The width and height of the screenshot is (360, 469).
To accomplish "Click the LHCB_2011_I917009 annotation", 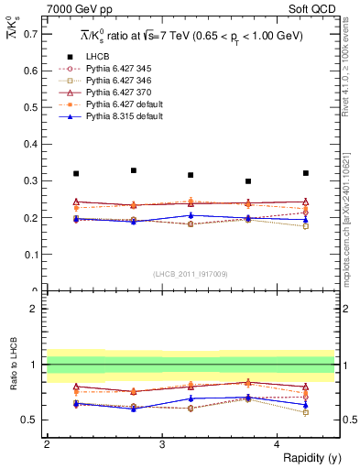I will pyautogui.click(x=190, y=274).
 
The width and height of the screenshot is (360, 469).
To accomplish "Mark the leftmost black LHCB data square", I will pyautogui.click(x=76, y=173).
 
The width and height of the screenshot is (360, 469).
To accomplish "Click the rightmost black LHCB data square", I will pyautogui.click(x=306, y=173).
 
